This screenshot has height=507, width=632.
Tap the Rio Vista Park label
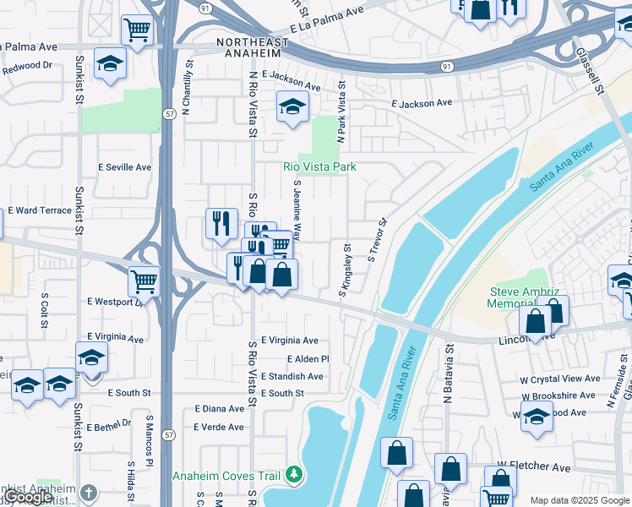tap(319, 167)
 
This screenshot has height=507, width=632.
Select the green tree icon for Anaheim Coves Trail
tap(293, 476)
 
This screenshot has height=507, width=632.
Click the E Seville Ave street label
tap(124, 167)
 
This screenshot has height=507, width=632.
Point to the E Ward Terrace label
tap(40, 210)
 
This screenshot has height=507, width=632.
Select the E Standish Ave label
tap(294, 376)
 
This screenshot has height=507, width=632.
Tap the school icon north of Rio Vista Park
tap(292, 106)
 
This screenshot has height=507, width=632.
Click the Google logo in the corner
tap(29, 497)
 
